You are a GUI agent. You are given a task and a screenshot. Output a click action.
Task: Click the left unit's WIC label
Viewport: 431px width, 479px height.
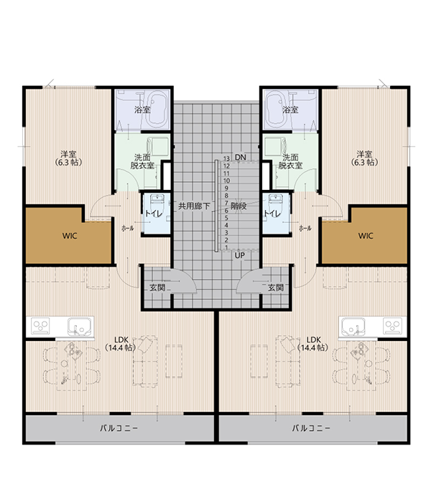pyautogui.click(x=70, y=235)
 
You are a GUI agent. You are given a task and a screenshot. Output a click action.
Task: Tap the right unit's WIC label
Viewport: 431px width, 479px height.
pyautogui.click(x=366, y=235)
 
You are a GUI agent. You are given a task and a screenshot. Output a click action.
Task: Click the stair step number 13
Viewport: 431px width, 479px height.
pyautogui.click(x=226, y=158)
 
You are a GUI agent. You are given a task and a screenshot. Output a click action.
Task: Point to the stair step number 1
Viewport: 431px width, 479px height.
pyautogui.click(x=227, y=247)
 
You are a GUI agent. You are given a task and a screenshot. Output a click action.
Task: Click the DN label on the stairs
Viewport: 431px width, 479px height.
pyautogui.click(x=241, y=158)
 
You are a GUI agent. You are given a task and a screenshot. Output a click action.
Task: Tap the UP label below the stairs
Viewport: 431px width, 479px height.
pyautogui.click(x=240, y=255)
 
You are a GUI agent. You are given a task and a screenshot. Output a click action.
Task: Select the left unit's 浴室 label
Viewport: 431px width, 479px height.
pyautogui.click(x=142, y=110)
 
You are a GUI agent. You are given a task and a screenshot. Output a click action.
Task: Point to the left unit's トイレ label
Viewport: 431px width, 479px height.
pyautogui.click(x=152, y=214)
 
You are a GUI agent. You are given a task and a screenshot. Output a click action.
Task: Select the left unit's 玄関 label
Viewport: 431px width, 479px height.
pyautogui.click(x=157, y=288)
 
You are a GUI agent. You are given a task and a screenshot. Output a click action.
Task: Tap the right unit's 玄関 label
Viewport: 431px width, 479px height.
pyautogui.click(x=275, y=288)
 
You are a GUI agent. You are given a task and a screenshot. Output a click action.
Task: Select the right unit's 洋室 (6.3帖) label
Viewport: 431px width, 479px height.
pyautogui.click(x=365, y=158)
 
